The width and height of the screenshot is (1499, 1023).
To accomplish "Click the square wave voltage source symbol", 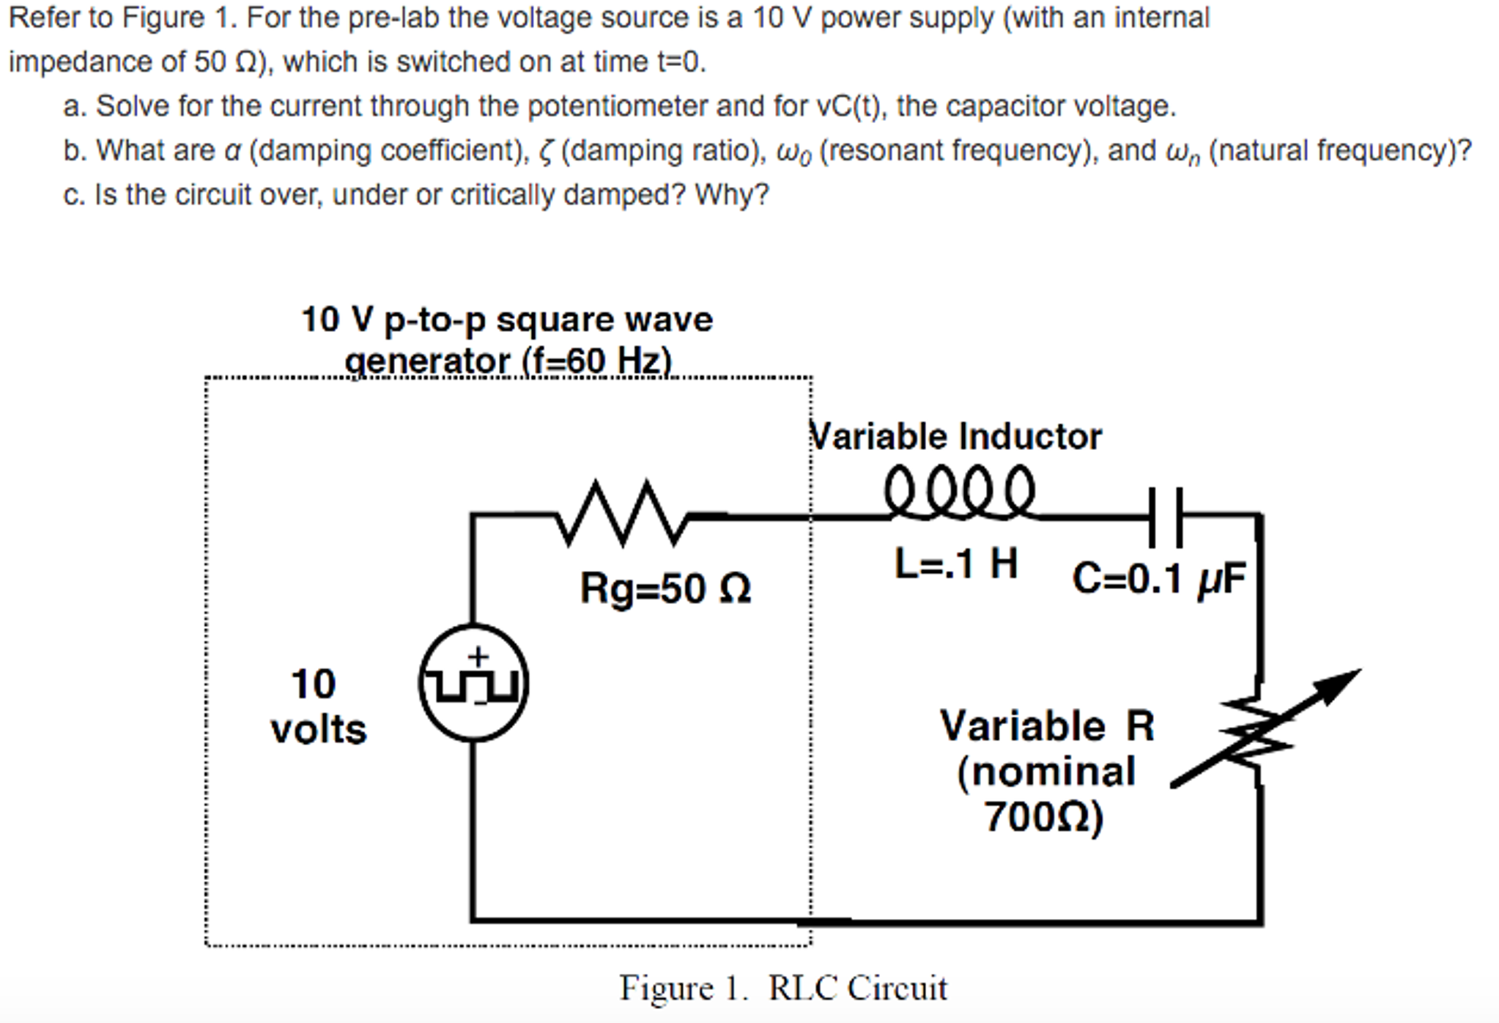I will pos(473,683).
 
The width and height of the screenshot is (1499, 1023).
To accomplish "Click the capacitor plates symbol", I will pos(1165,517).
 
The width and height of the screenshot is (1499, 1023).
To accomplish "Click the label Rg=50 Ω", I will pos(665,588).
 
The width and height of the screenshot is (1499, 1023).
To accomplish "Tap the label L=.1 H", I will pos(955,564).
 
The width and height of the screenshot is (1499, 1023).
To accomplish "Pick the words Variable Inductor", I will pos(955,437).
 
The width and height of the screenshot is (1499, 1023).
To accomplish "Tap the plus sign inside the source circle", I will pos(478,655).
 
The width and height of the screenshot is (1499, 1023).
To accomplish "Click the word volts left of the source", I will pos(318,730).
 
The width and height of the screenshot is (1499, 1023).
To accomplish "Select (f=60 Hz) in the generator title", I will pos(596,361).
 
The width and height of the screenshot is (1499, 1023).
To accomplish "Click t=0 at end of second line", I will pos(681,62).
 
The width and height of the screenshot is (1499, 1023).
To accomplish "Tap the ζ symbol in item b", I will pos(546,152).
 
